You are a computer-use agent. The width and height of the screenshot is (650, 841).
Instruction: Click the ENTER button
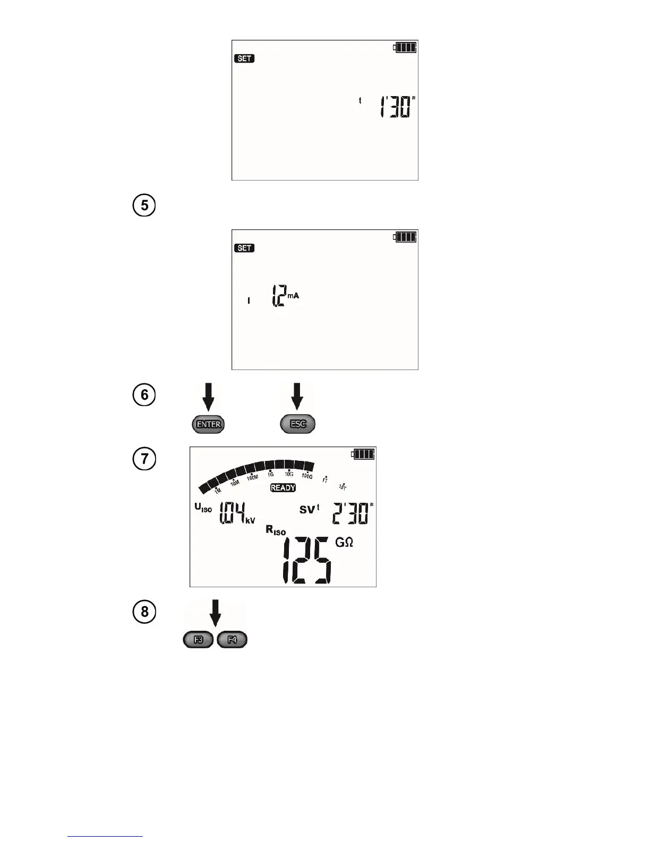[x=208, y=424]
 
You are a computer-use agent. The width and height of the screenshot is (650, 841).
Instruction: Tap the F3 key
[x=198, y=640]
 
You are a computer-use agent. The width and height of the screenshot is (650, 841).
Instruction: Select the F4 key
[x=232, y=640]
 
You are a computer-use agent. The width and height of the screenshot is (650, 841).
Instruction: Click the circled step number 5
[x=144, y=205]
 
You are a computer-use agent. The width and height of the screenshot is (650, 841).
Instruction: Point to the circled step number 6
[x=144, y=395]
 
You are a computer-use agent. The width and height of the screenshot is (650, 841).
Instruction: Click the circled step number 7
[x=144, y=458]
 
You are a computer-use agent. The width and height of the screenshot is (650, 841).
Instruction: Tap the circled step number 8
[x=144, y=612]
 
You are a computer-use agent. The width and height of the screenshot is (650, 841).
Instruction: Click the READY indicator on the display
[x=283, y=488]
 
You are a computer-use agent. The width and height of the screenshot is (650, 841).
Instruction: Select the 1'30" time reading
[x=397, y=107]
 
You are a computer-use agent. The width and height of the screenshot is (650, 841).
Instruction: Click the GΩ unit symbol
[x=344, y=542]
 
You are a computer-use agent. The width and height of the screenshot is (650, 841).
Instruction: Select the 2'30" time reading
[x=352, y=513]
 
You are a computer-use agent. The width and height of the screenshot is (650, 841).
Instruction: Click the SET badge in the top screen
[x=244, y=58]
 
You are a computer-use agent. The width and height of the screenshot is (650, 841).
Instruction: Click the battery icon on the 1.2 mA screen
[x=405, y=237]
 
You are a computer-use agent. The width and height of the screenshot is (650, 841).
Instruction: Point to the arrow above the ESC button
[x=297, y=397]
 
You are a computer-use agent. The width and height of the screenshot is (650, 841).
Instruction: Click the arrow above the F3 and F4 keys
[x=215, y=614]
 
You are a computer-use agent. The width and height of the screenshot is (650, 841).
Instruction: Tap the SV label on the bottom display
[x=307, y=510]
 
